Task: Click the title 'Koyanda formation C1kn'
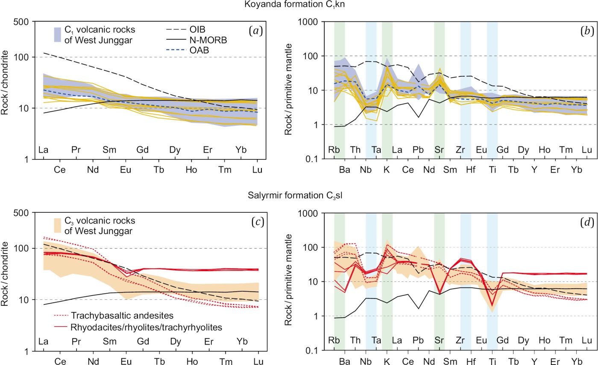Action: pos(298,5)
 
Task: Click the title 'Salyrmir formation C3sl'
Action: pos(298,196)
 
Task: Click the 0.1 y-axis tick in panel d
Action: pos(317,351)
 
